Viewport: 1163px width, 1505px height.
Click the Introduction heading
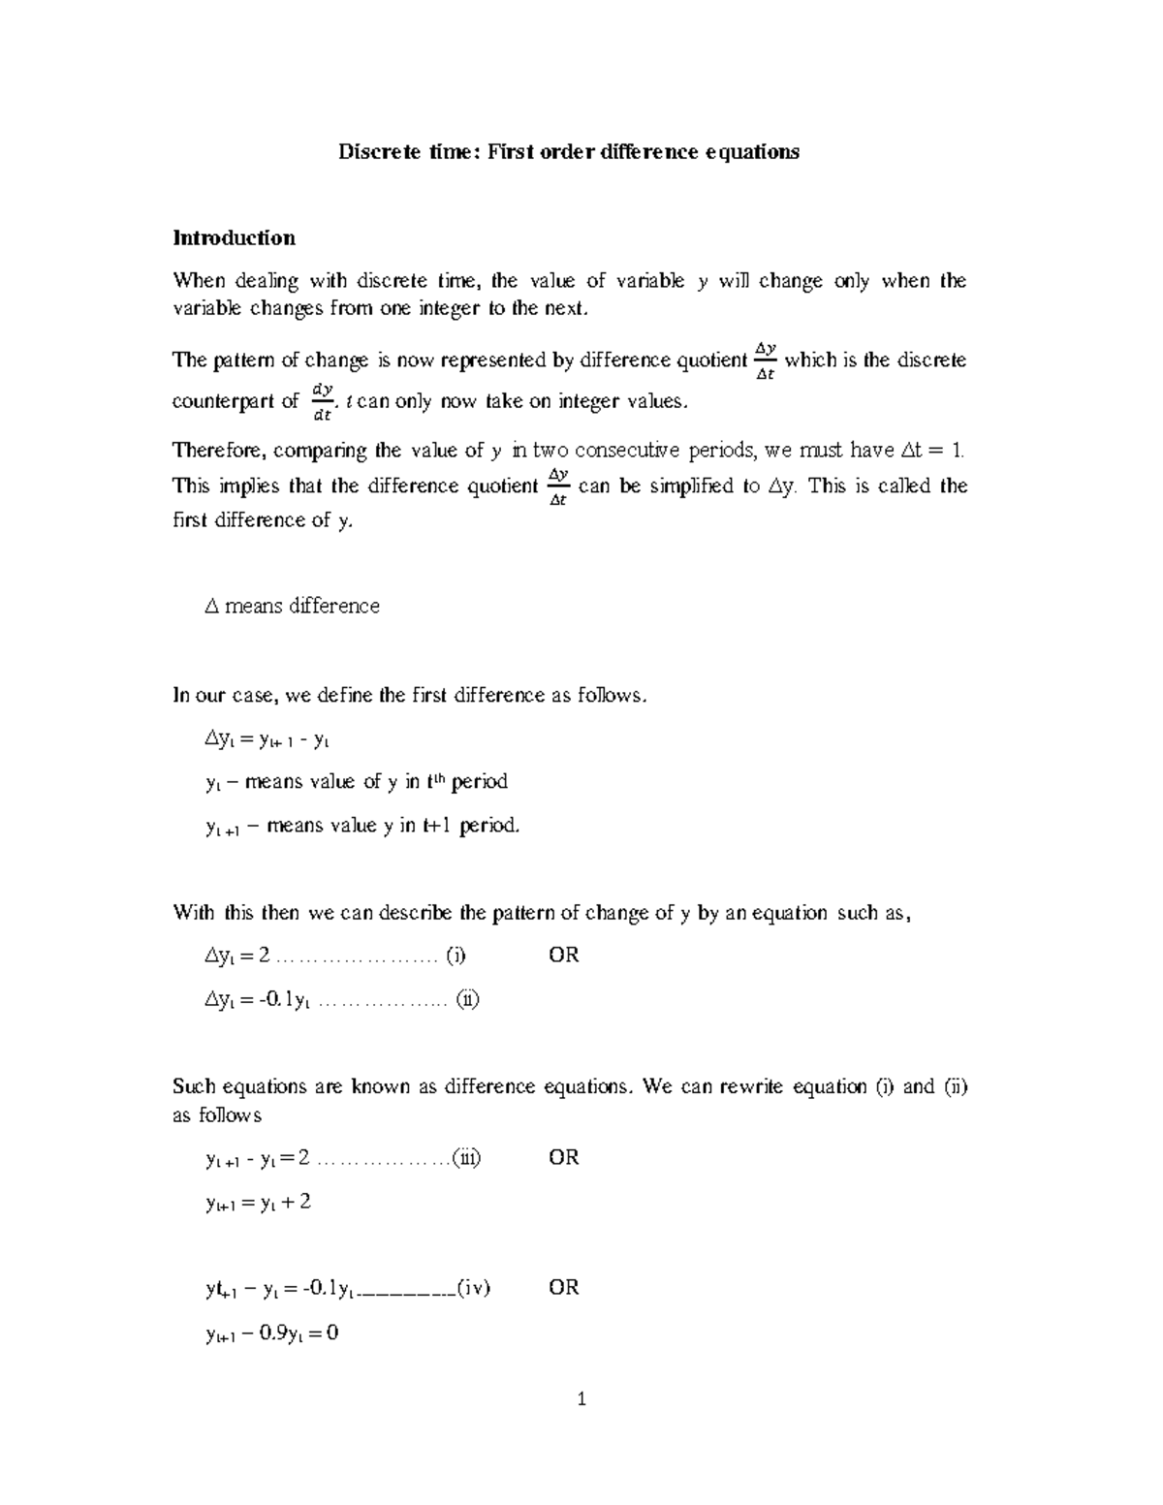[x=234, y=237]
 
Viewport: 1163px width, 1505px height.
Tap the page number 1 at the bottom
[x=581, y=1398]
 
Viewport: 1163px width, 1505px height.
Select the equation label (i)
[x=456, y=956]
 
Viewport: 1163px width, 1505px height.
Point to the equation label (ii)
[x=468, y=999]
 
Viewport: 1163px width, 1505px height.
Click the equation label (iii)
[x=467, y=1157]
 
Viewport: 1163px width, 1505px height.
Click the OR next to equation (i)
[x=564, y=956]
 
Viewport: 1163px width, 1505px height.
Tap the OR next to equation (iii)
[x=564, y=1157]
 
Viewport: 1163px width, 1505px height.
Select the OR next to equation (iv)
[x=564, y=1288]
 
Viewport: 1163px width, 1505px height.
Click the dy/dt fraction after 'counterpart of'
[x=323, y=402]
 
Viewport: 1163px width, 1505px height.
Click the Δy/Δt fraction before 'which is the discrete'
[x=765, y=361]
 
